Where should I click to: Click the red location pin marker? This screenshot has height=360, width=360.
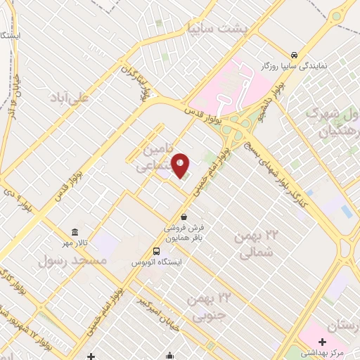tap(181, 165)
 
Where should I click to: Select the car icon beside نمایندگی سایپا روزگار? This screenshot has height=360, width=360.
tap(294, 54)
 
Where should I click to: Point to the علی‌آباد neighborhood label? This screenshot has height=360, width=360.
tap(68, 98)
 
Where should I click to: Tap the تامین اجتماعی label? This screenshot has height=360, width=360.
tap(150, 159)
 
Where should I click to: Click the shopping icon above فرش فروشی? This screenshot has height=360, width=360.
tap(184, 217)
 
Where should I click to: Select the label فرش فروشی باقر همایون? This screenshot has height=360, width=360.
tap(184, 233)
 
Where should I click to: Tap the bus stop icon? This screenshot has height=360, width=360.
tap(156, 251)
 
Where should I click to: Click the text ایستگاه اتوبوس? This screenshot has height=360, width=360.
tap(157, 262)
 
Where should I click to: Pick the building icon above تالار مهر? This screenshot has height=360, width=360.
tap(75, 233)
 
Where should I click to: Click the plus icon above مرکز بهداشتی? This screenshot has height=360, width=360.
tap(321, 341)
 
